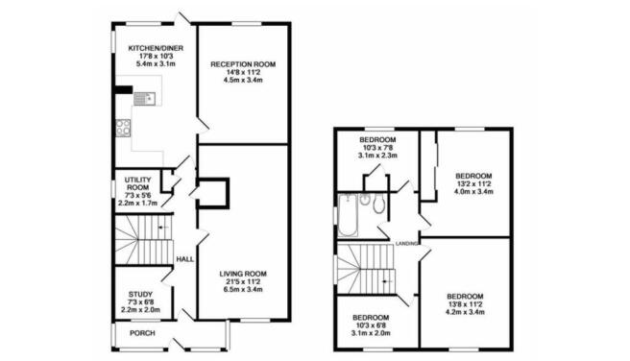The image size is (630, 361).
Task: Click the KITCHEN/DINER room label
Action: coord(155,47)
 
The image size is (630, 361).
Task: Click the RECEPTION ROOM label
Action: coord(243,63)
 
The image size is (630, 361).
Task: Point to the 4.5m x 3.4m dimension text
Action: coord(243,81)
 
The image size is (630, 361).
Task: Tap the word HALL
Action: coord(185,259)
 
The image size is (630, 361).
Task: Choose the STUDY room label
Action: coord(133,296)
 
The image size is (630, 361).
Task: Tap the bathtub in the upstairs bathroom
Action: coord(348,215)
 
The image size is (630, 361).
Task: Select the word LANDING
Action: coord(408,244)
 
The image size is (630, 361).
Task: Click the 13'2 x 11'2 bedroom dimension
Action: coord(472,184)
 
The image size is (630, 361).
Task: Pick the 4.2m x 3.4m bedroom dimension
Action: coord(464,311)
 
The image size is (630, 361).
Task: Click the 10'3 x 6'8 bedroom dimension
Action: coord(370,325)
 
